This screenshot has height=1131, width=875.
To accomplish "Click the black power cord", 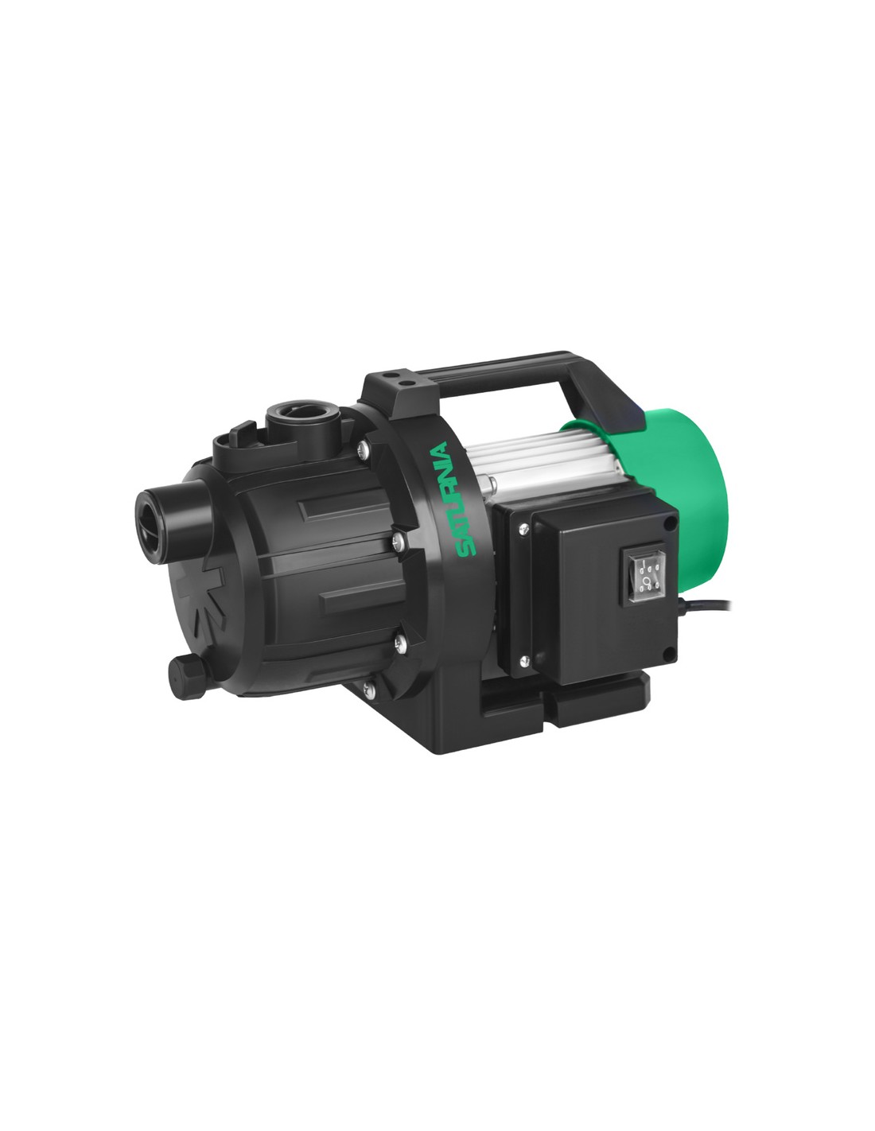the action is coord(704,604).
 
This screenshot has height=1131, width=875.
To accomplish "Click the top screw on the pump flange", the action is coord(364,447).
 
